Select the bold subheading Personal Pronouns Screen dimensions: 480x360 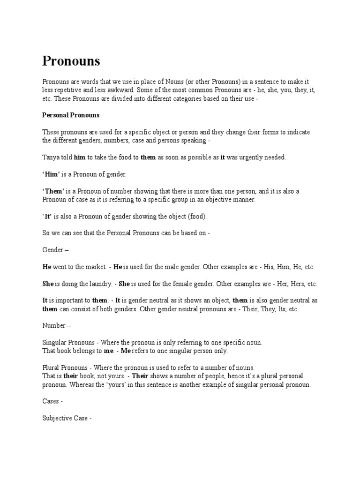[x=71, y=115]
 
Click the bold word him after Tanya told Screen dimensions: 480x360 [x=80, y=157]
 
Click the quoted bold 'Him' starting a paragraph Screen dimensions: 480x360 [x=51, y=174]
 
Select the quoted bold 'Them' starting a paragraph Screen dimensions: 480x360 [x=54, y=191]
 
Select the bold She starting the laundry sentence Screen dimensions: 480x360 [x=48, y=284]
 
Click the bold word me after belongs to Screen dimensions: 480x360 [x=108, y=351]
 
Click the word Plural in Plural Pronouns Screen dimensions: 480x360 [x=51, y=367]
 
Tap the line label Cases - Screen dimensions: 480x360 [x=52, y=401]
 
